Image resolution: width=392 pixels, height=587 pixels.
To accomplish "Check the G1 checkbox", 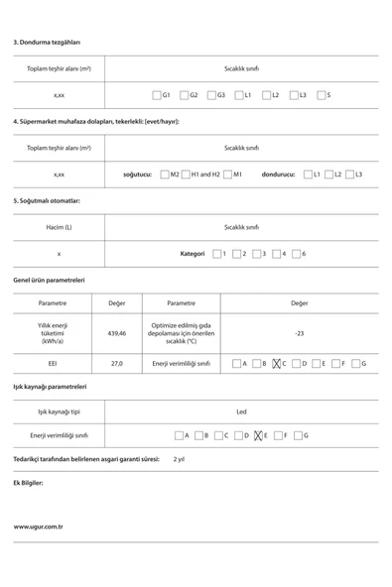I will [157, 95].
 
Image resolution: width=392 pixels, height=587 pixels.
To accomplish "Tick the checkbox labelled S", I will [321, 95].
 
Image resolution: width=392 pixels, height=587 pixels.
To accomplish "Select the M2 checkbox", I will [164, 175].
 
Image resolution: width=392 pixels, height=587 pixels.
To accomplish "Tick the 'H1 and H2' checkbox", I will [186, 175].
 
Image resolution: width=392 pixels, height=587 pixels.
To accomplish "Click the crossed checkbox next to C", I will [277, 364].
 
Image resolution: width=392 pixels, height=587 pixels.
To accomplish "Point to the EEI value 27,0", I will [116, 364].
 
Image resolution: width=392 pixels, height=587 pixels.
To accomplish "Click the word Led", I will [241, 411].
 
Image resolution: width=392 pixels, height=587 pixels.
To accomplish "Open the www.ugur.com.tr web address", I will [39, 527].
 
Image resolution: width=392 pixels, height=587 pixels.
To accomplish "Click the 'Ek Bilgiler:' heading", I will [28, 483].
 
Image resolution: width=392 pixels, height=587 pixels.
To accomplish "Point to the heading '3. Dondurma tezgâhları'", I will [47, 42].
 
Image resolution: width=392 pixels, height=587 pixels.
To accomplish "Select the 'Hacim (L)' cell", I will [59, 227].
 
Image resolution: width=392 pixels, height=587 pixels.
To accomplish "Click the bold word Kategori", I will [192, 254].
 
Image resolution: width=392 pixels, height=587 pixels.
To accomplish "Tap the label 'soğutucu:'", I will [137, 175].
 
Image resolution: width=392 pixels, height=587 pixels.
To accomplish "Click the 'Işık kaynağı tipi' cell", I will [59, 411].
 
